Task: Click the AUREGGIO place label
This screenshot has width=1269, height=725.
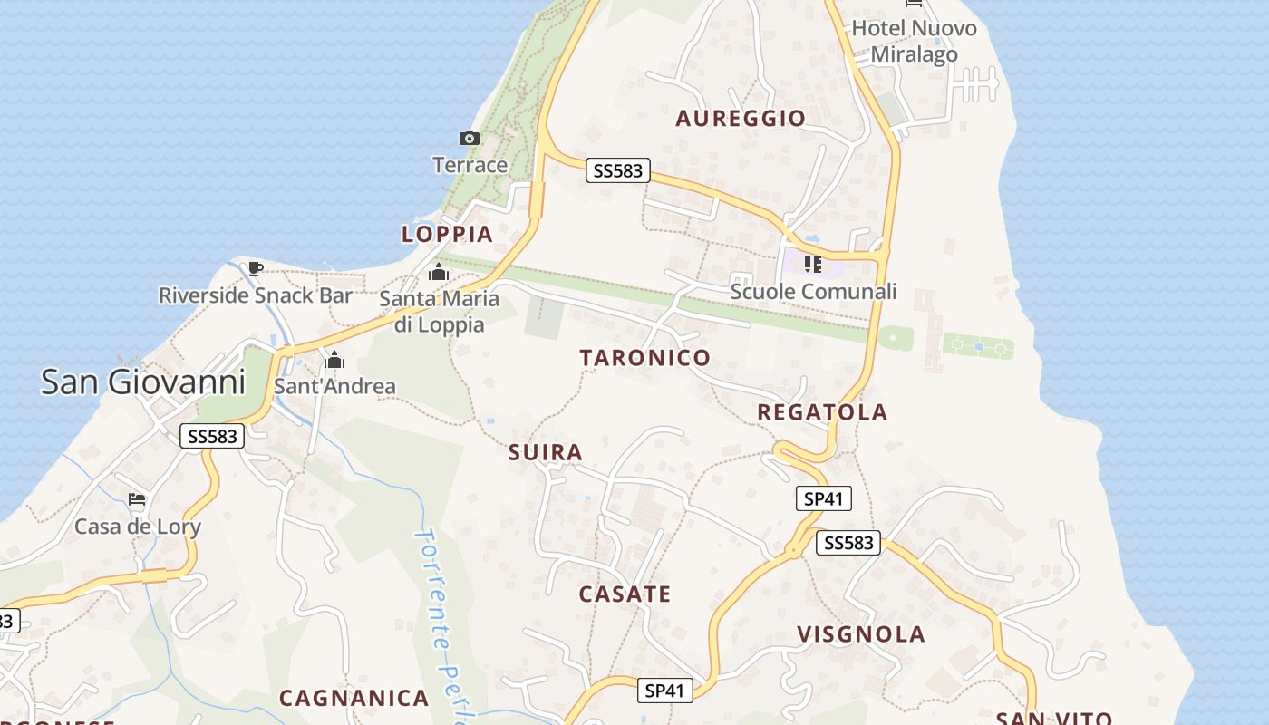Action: (x=741, y=118)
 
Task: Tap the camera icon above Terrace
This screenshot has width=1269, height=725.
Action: (x=469, y=139)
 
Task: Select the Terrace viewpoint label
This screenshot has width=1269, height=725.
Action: (x=470, y=165)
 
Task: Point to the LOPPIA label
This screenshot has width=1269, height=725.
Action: (x=447, y=234)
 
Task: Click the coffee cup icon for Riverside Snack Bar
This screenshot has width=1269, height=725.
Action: (x=256, y=268)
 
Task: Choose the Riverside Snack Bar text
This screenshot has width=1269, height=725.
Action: (x=256, y=295)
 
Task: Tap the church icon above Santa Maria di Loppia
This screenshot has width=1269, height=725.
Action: (x=439, y=272)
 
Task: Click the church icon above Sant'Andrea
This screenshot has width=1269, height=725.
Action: (x=334, y=361)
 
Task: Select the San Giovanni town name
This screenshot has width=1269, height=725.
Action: (x=143, y=382)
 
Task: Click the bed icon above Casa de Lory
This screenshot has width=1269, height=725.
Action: (x=137, y=498)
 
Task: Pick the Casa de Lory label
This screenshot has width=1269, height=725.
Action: (x=138, y=527)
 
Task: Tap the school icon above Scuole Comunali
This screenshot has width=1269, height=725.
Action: (x=813, y=265)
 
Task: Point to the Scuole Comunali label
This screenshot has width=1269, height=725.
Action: (x=813, y=291)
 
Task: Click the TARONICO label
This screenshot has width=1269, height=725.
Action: (x=645, y=357)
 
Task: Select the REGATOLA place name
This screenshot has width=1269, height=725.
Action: (x=822, y=412)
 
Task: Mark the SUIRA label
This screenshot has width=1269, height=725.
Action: (x=546, y=452)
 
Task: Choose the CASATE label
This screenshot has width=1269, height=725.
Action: (x=625, y=594)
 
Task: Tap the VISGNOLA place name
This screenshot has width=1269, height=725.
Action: (x=861, y=634)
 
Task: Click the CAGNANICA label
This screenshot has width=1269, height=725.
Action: (x=354, y=698)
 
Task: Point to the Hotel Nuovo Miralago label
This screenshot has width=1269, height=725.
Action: (x=914, y=42)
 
